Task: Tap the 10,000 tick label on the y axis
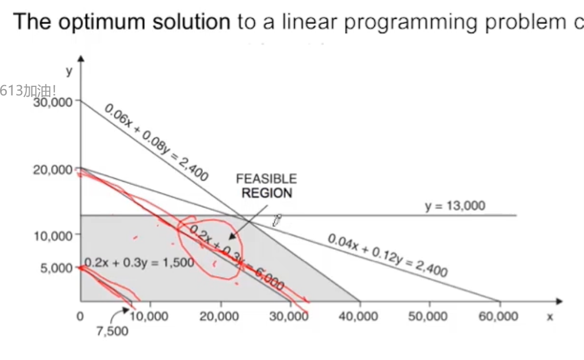[x=53, y=235]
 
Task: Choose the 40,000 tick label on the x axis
[x=359, y=316]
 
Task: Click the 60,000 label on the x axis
[x=498, y=316]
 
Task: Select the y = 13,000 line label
[x=455, y=206]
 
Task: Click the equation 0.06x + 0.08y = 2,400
[x=156, y=143]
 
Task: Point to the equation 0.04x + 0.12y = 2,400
[x=387, y=255]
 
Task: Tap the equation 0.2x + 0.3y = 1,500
[x=139, y=263]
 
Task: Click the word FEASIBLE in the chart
[x=266, y=179]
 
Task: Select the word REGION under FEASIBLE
[x=266, y=193]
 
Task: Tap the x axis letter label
[x=549, y=316]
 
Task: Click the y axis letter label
[x=69, y=71]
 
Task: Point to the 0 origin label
[x=81, y=316]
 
